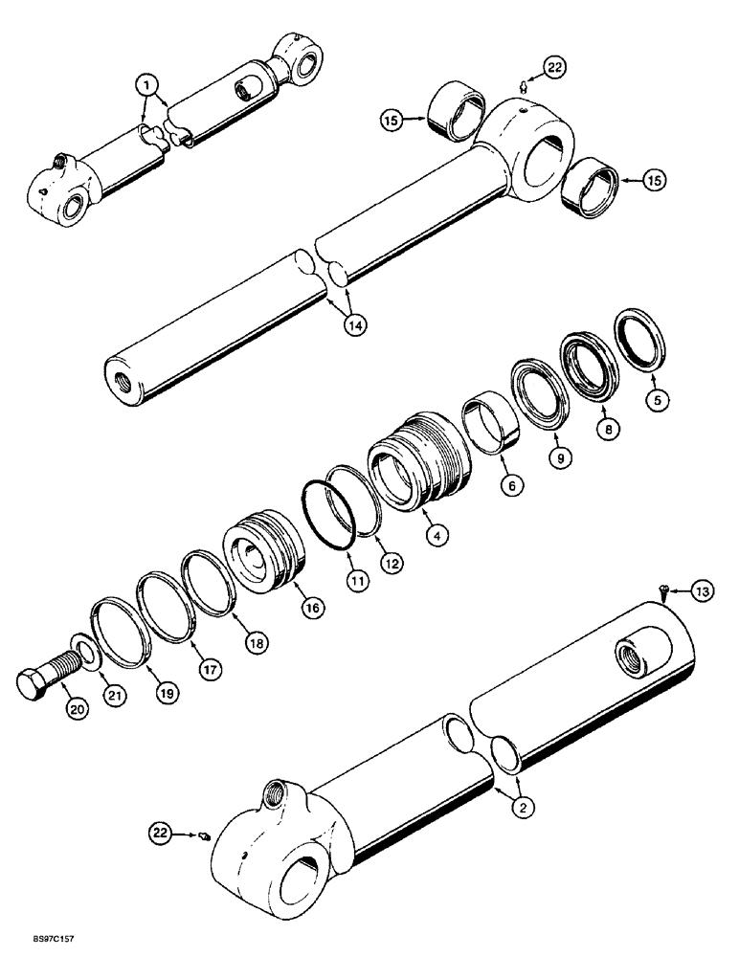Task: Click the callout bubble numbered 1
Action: point(146,84)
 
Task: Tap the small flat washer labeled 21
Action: point(82,654)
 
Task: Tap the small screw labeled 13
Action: point(661,592)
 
